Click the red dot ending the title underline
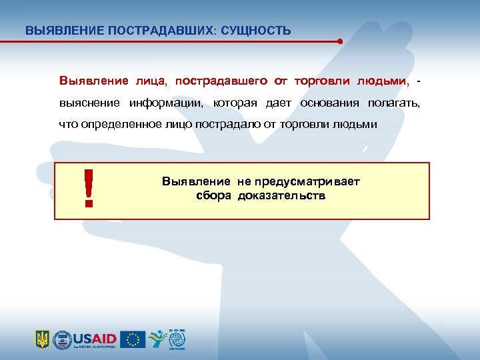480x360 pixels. [x=340, y=41]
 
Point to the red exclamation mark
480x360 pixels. [x=88, y=187]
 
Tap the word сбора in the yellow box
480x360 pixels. [x=213, y=196]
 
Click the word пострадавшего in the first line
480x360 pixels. [x=222, y=81]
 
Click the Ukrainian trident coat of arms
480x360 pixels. [x=42, y=339]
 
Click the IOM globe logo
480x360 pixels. [x=177, y=339]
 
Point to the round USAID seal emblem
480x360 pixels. [x=61, y=339]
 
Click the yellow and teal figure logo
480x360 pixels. [x=157, y=339]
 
